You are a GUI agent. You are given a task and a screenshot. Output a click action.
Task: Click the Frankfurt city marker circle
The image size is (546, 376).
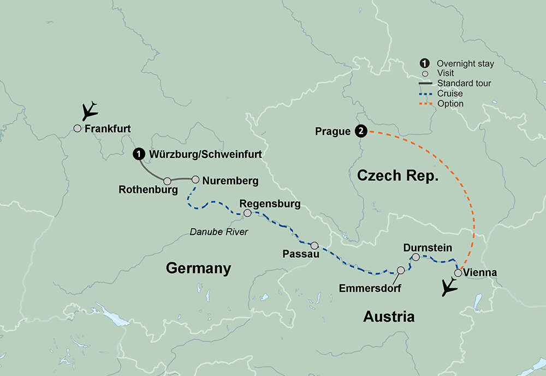click(x=78, y=128)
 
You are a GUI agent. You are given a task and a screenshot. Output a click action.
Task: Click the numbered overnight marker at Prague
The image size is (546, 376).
click(x=360, y=131)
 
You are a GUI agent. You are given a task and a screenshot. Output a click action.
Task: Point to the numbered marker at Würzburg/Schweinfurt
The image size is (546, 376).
click(x=139, y=155)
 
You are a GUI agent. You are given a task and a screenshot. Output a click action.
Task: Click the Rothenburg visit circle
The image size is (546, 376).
click(x=168, y=181)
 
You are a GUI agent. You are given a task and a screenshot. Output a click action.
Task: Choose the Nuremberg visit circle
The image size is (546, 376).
click(x=195, y=179)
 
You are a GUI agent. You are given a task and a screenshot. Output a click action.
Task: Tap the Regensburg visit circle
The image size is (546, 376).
click(x=247, y=213)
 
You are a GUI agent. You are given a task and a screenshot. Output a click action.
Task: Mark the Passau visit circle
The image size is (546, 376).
click(x=314, y=245)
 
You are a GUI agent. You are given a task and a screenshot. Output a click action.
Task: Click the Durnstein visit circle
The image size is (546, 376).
click(x=416, y=257)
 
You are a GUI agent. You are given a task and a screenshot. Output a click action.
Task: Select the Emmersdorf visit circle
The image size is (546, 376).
click(x=401, y=270)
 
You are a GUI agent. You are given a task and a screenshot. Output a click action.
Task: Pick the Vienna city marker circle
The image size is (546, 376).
click(x=458, y=273)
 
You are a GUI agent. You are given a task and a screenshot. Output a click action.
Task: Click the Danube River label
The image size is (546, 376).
click(x=218, y=232)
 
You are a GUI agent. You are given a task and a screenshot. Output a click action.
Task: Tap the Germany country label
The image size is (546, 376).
click(x=198, y=268)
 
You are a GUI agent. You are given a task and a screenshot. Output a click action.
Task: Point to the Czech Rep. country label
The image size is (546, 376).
click(x=398, y=175)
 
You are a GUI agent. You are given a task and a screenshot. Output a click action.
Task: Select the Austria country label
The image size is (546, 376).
click(x=389, y=316)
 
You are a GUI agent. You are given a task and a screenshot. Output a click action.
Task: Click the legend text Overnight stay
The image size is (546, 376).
click(x=465, y=64)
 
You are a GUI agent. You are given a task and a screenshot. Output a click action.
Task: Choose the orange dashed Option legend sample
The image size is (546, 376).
click(x=426, y=104)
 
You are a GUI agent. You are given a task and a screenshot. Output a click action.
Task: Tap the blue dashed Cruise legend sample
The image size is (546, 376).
click(x=426, y=94)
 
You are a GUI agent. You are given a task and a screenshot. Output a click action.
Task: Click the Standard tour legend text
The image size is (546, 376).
click(x=464, y=84)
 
